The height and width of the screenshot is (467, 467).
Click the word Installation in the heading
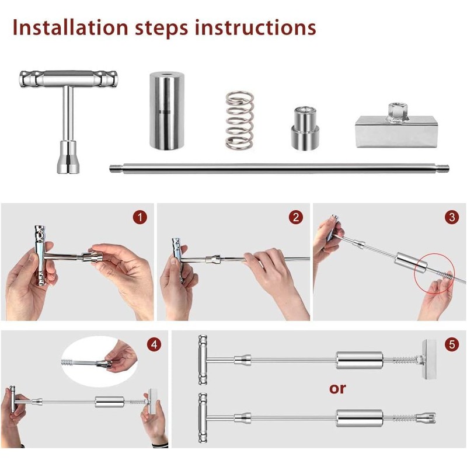click(70, 27)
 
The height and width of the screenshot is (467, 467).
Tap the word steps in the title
click(162, 29)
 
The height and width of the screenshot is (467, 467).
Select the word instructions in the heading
click(256, 27)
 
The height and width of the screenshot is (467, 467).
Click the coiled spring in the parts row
click(239, 120)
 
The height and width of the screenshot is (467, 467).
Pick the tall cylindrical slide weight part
click(166, 111)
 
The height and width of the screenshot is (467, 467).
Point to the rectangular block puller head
click(397, 126)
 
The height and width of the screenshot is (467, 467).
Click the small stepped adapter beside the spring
click(305, 128)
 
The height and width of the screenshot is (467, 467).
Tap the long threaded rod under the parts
click(279, 169)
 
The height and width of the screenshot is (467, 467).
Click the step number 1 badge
click(140, 217)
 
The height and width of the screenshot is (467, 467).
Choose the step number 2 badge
click(296, 217)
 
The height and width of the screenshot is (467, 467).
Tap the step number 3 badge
click(452, 217)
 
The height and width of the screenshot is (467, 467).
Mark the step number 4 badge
click(154, 344)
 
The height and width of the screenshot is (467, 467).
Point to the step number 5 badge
click(452, 344)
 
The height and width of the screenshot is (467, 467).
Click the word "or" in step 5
click(337, 389)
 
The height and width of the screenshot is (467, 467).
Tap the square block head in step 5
click(429, 359)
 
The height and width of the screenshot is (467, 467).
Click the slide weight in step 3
click(411, 262)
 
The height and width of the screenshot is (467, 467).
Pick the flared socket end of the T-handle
click(68, 157)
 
